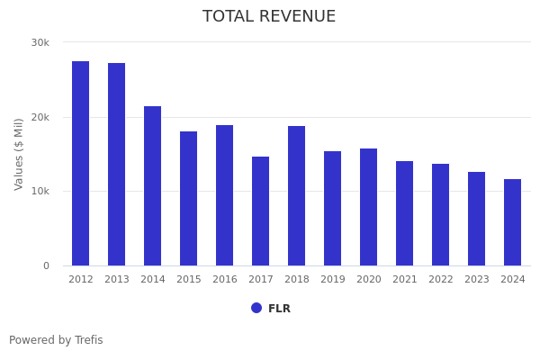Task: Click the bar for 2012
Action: coord(81,163)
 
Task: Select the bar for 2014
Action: coord(153,185)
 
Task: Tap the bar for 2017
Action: coord(261,211)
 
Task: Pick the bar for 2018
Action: coord(297,195)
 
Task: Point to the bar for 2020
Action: coord(369,207)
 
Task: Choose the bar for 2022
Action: coord(441,214)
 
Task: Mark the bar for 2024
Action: coord(513,222)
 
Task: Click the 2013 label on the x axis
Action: coord(117,280)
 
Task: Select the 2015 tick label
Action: coord(189,280)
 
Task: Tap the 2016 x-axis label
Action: coord(225,280)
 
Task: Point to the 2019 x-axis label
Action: coord(333,280)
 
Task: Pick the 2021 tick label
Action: coord(405,280)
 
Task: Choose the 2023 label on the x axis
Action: coord(477,280)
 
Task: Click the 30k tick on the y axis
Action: coord(40,42)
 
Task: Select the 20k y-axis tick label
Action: coord(40,117)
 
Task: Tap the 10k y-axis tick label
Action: coord(40,192)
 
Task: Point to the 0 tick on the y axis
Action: coord(46,265)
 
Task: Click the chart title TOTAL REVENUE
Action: coord(269,17)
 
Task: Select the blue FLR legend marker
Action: coord(256,308)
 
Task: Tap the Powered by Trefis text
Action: coord(56,340)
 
